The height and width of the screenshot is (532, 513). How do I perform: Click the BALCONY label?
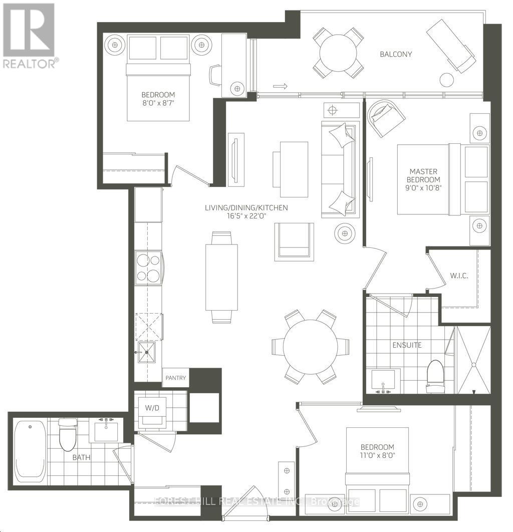(396, 54)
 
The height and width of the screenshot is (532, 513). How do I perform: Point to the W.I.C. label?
(459, 276)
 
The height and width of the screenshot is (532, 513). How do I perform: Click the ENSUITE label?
(406, 345)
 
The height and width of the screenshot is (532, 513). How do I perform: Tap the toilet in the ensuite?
(435, 376)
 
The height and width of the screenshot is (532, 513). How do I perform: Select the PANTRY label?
(175, 378)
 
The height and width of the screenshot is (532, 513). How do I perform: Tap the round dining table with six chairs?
(310, 347)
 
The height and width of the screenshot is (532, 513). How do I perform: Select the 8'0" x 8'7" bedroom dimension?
(158, 104)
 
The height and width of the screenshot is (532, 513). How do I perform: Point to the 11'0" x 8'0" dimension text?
(377, 456)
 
